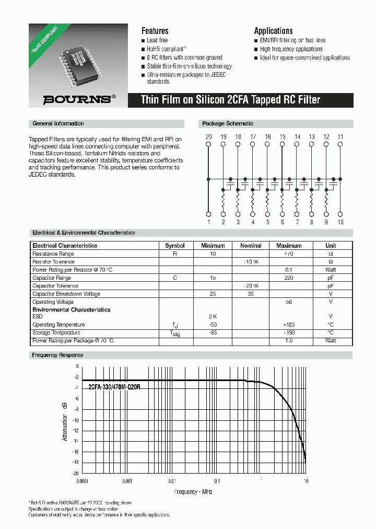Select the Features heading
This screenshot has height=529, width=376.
pyautogui.click(x=155, y=31)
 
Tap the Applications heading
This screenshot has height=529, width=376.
pyautogui.click(x=273, y=31)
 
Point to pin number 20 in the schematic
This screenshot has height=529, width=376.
pyautogui.click(x=208, y=137)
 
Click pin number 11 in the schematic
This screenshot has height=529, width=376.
pyautogui.click(x=340, y=137)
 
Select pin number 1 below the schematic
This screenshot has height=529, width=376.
pyautogui.click(x=208, y=222)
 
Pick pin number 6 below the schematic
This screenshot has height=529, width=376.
pyautogui.click(x=282, y=222)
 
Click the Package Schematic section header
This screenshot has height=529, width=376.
pyautogui.click(x=228, y=124)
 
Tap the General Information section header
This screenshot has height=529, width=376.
pyautogui.click(x=58, y=124)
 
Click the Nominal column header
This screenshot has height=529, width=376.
pyautogui.click(x=251, y=245)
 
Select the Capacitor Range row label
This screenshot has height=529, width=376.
pyautogui.click(x=52, y=278)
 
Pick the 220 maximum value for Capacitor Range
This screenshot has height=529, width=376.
pyautogui.click(x=289, y=278)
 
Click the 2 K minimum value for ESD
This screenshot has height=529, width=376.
pyautogui.click(x=213, y=317)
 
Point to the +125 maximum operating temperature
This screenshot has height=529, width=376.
pyautogui.click(x=289, y=325)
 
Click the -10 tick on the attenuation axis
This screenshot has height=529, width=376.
pyautogui.click(x=76, y=420)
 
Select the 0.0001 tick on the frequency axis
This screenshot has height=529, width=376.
pyautogui.click(x=83, y=481)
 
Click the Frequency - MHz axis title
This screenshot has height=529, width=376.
pyautogui.click(x=193, y=492)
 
